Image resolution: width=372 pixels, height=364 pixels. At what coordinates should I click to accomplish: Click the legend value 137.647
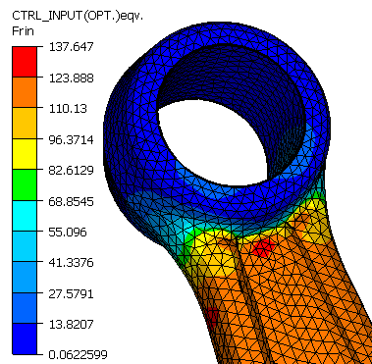pos(72,47)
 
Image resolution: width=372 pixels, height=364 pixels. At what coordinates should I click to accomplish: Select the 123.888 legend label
pos(72,78)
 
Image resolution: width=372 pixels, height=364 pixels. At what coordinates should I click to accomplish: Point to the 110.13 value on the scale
pos(68,108)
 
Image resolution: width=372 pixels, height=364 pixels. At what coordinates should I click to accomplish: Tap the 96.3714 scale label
pos(72,140)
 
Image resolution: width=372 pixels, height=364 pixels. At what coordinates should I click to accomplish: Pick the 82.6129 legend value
pos(72,170)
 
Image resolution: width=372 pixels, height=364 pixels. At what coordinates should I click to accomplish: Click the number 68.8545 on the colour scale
pos(72,201)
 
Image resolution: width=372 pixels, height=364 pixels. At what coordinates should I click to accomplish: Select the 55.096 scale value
pos(68,232)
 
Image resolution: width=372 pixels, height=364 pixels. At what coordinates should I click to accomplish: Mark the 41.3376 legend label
pos(72,262)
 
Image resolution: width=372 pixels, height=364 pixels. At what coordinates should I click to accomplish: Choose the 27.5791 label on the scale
pos(72,293)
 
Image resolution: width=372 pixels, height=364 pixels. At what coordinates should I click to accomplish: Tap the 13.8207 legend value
pos(72,324)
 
